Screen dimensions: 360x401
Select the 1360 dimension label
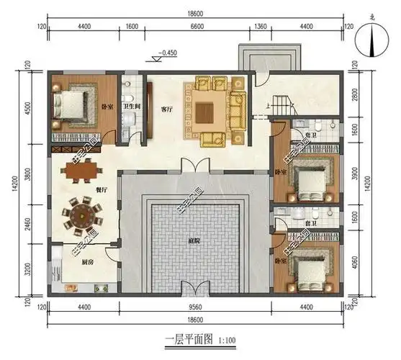point(260,27)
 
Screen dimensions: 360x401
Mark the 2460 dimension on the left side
point(28,222)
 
